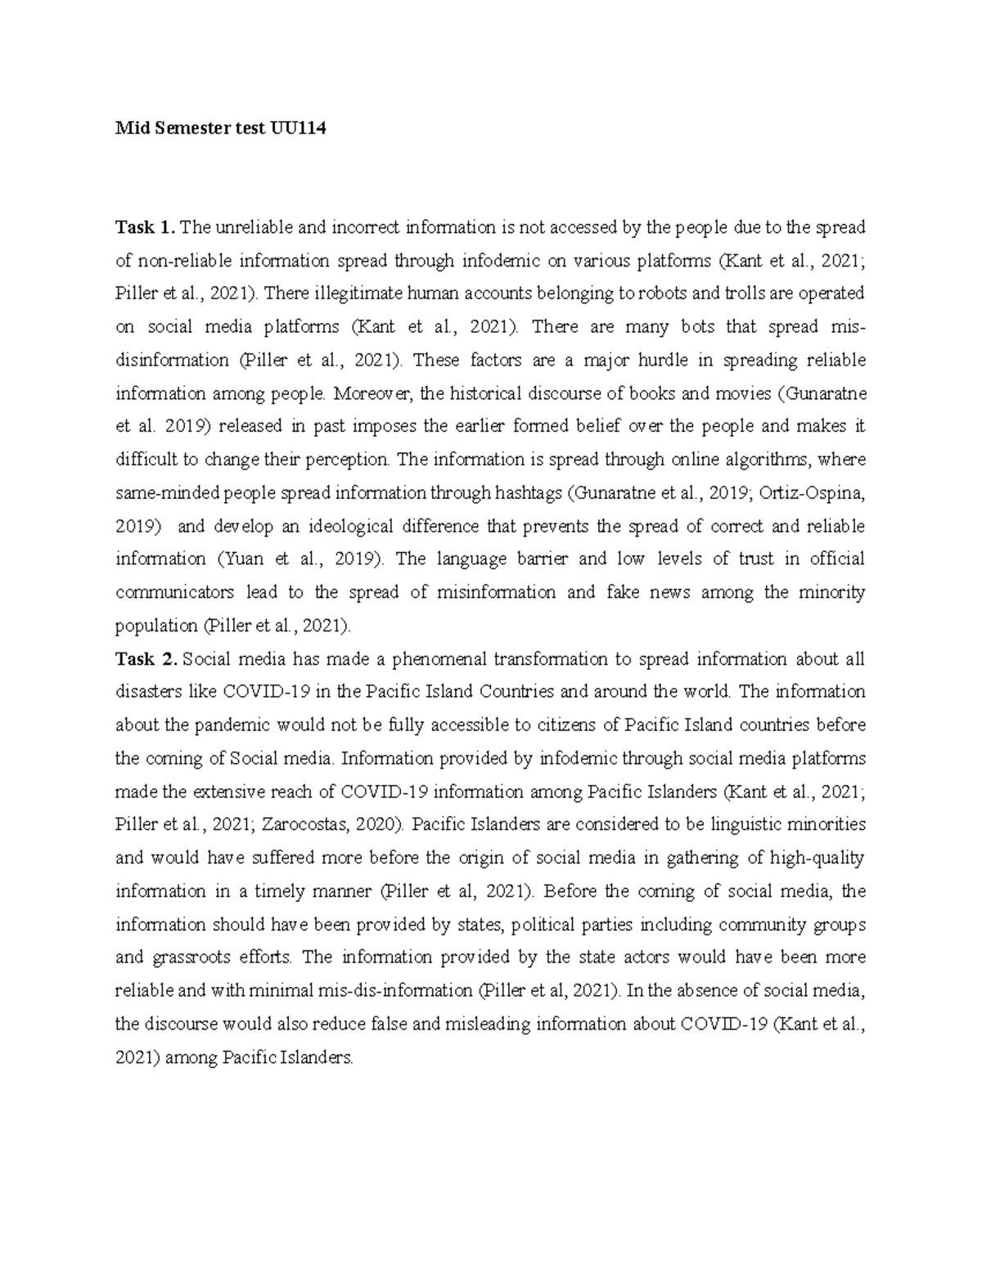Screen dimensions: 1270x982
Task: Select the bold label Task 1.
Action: coord(145,227)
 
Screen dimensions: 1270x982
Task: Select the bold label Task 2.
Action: coord(146,659)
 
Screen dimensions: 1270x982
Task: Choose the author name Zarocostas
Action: coord(308,825)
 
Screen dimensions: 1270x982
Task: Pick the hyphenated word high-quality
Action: coord(812,858)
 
